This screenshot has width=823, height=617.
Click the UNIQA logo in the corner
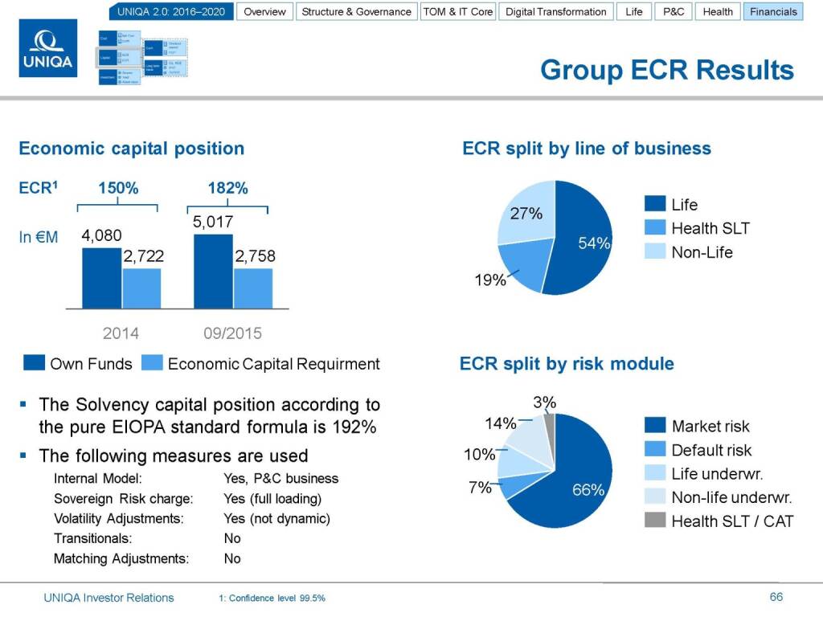[x=47, y=49]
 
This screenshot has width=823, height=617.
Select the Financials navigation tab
[x=773, y=12]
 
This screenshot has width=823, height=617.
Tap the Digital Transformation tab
[x=556, y=12]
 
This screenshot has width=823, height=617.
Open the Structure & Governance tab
[x=357, y=12]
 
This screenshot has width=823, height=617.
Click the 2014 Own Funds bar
[x=102, y=278]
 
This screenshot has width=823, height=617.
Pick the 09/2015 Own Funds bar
[x=213, y=272]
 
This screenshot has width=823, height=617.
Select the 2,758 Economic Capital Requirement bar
[x=253, y=288]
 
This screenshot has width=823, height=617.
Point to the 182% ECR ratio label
[x=227, y=189]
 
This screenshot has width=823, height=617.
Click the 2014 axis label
[x=120, y=333]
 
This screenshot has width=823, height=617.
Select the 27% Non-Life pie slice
[x=526, y=212]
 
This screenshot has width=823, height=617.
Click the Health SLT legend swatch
[x=656, y=228]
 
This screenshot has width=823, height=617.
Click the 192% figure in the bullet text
[x=358, y=427]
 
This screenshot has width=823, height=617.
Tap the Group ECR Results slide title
[x=666, y=70]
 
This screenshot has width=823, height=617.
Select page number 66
[x=776, y=597]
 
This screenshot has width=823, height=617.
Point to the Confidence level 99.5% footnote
[x=272, y=599]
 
